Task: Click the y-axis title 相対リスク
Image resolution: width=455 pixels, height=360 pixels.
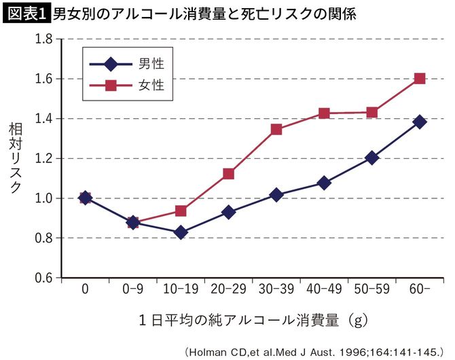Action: [x=14, y=158]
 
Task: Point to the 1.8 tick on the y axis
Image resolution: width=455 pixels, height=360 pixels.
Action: [x=43, y=39]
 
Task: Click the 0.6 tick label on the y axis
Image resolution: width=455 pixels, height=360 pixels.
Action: [x=43, y=278]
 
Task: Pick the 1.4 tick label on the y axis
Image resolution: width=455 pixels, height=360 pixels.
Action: [x=43, y=119]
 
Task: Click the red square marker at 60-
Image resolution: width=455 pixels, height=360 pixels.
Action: [x=419, y=79]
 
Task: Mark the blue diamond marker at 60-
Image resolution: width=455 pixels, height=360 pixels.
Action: [x=419, y=122]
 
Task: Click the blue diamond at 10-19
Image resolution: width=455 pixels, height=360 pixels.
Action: [x=181, y=232]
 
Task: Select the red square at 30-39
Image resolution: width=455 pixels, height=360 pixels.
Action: [x=276, y=129]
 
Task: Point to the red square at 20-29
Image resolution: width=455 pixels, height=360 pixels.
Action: [x=228, y=174]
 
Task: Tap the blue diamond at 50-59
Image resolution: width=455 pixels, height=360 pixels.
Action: [x=371, y=158]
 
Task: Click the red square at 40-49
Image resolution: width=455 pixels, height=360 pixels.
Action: [x=324, y=113]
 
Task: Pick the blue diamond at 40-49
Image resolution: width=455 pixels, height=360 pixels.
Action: [x=324, y=183]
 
